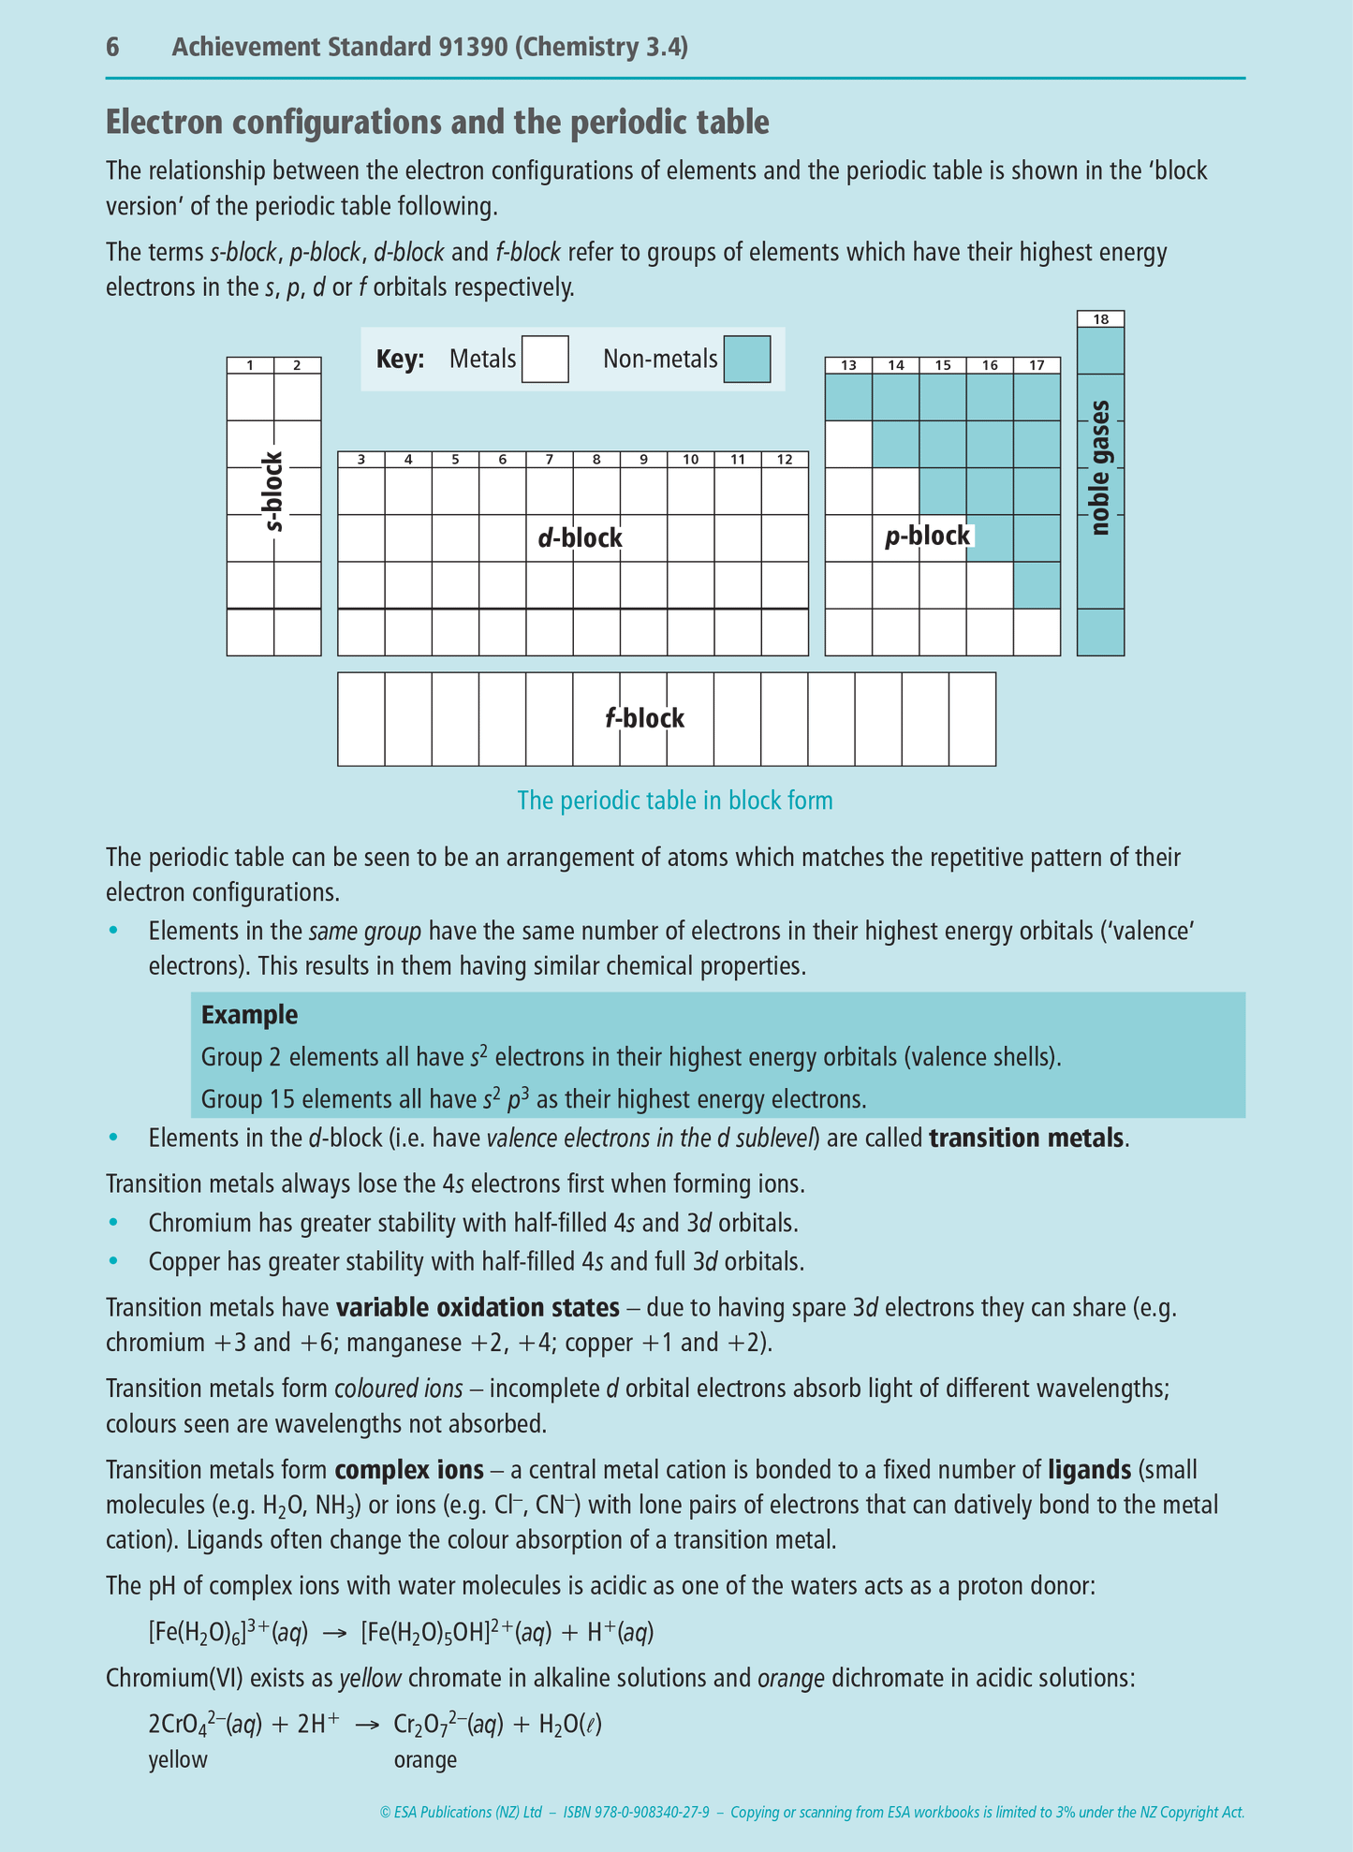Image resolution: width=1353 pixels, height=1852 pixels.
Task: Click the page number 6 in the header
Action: pyautogui.click(x=112, y=48)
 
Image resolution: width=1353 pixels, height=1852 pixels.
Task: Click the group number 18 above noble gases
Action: pyautogui.click(x=1100, y=319)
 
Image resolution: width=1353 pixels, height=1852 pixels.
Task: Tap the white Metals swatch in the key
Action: pyautogui.click(x=545, y=360)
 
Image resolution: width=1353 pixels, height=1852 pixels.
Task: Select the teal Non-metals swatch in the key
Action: pyautogui.click(x=746, y=360)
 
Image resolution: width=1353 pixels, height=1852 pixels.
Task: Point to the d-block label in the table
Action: pyautogui.click(x=580, y=537)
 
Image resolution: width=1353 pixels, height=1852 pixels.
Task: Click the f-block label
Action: pyautogui.click(x=644, y=718)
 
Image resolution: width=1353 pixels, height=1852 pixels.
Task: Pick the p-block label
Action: pyautogui.click(x=927, y=536)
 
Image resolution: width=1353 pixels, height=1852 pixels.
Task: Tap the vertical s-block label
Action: pyautogui.click(x=273, y=492)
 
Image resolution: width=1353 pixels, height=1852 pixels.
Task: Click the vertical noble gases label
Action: pyautogui.click(x=1100, y=468)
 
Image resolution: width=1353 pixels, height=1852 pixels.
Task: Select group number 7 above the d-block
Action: pyautogui.click(x=550, y=460)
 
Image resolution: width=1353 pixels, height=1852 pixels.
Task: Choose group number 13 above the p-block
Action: pyautogui.click(x=848, y=366)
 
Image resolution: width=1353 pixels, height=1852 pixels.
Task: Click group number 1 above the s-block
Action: pyautogui.click(x=250, y=366)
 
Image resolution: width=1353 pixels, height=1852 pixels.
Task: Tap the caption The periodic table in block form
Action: pyautogui.click(x=674, y=801)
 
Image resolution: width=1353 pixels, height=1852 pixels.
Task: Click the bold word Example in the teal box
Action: pyautogui.click(x=249, y=1015)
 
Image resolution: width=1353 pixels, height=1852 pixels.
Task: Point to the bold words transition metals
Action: pyautogui.click(x=1026, y=1138)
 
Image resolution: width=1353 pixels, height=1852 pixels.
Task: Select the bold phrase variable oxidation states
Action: pyautogui.click(x=478, y=1307)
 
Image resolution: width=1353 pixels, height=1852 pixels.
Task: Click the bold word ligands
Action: pyautogui.click(x=1089, y=1470)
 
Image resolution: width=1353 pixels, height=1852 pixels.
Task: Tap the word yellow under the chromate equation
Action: pyautogui.click(x=178, y=1759)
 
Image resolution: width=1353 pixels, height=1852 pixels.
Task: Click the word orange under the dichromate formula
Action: pyautogui.click(x=425, y=1759)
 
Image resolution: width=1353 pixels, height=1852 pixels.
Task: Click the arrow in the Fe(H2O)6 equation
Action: pyautogui.click(x=334, y=1634)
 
